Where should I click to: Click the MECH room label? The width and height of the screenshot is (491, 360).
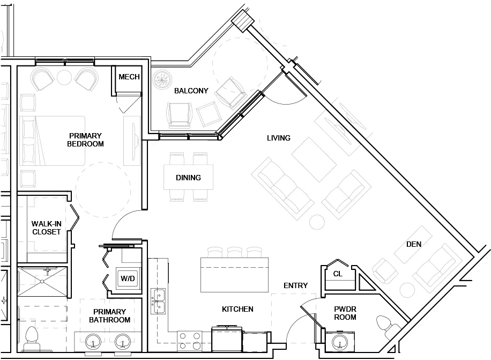click(x=129, y=77)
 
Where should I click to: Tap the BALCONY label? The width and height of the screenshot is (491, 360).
click(x=191, y=91)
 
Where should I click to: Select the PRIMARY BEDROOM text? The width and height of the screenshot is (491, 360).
click(x=85, y=139)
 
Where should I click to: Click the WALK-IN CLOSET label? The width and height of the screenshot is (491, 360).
click(x=46, y=227)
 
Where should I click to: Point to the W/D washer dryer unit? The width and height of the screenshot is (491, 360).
click(x=128, y=278)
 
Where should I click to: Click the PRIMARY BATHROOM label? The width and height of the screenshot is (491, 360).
click(x=109, y=315)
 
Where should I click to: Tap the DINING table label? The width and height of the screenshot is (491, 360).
click(x=188, y=178)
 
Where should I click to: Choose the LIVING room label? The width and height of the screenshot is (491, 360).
click(x=279, y=138)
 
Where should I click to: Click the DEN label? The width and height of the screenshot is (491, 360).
click(x=414, y=244)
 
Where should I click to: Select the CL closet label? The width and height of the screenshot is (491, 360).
click(x=337, y=273)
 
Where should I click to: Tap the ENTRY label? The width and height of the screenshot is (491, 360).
click(x=295, y=285)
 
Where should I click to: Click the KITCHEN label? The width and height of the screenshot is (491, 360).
click(x=237, y=309)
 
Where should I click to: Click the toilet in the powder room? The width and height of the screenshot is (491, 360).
click(x=386, y=325)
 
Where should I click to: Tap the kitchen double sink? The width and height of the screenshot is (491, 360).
click(x=159, y=302)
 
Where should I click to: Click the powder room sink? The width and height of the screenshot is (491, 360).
click(x=339, y=342)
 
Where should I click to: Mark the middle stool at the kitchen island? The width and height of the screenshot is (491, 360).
click(x=234, y=252)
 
